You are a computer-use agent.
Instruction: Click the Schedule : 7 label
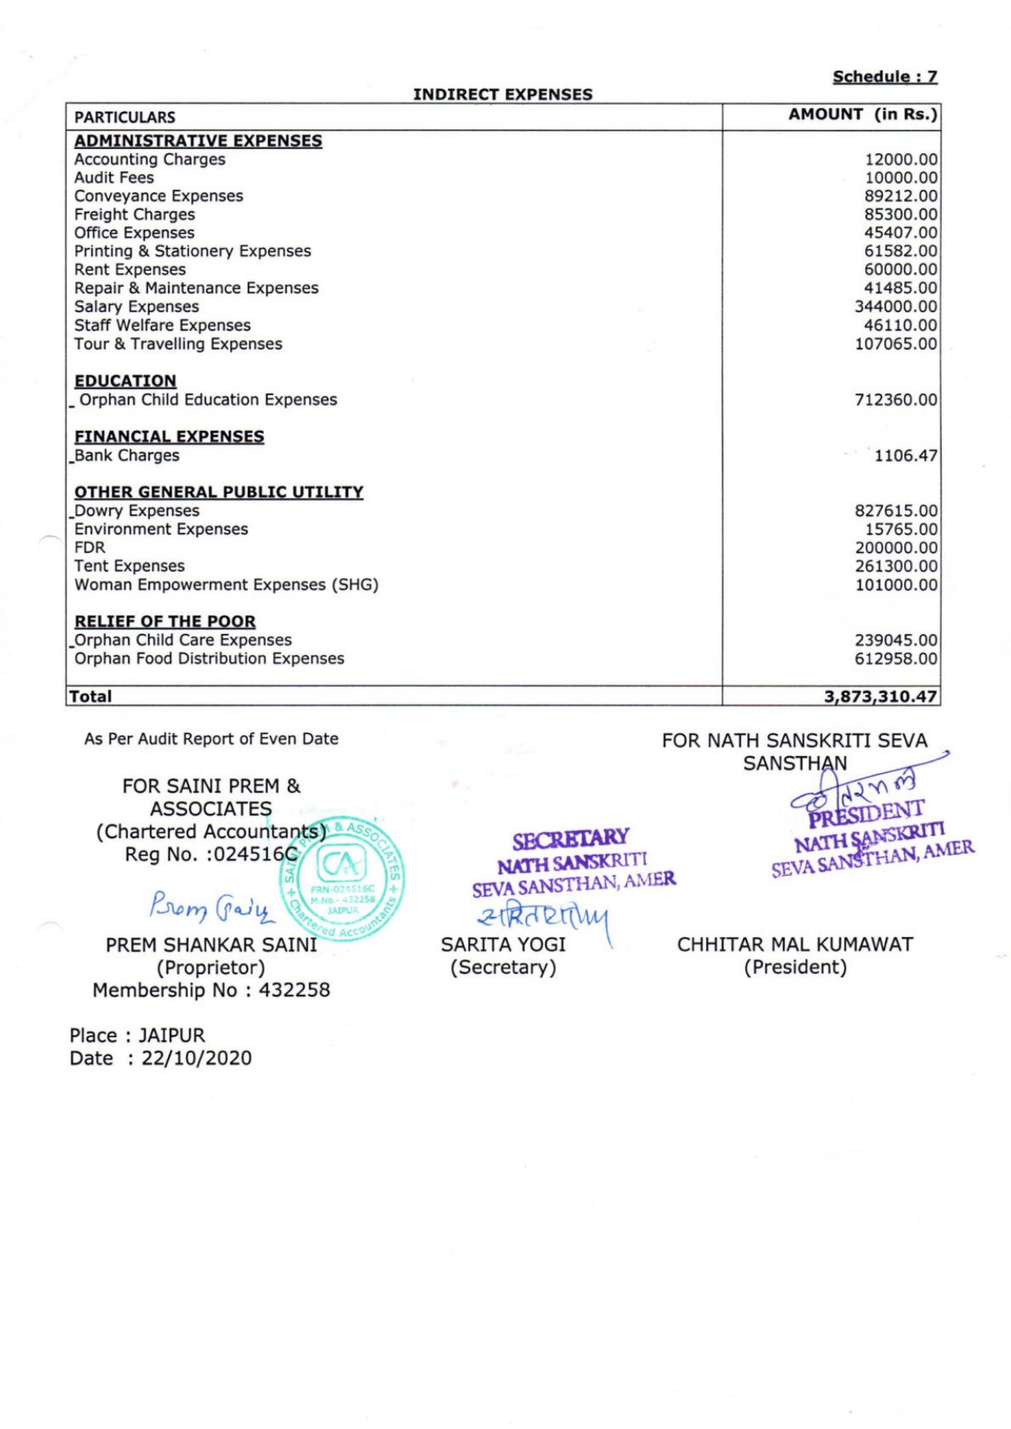coord(885,77)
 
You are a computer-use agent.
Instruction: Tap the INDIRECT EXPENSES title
coord(502,95)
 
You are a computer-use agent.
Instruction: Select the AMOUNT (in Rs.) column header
coord(863,115)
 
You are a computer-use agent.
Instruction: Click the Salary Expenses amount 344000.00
coord(895,307)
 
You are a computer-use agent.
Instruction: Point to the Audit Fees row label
coord(114,178)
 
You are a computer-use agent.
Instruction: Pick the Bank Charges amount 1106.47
coord(905,455)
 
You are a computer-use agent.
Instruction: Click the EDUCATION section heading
coord(126,381)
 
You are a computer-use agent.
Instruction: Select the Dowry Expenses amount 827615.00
coord(895,511)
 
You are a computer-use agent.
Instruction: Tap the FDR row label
coord(90,547)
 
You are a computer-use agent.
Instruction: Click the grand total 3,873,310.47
coord(881,697)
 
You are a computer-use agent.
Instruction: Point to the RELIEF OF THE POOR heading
coord(165,622)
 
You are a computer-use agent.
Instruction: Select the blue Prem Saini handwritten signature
coord(210,906)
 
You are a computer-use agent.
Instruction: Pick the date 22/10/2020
coord(196,1058)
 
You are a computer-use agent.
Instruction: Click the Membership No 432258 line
coord(211,990)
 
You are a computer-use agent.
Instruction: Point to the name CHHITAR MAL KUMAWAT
coord(795,945)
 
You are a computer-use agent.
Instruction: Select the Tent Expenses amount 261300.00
coord(895,566)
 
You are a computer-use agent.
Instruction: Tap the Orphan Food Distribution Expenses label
coord(210,658)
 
